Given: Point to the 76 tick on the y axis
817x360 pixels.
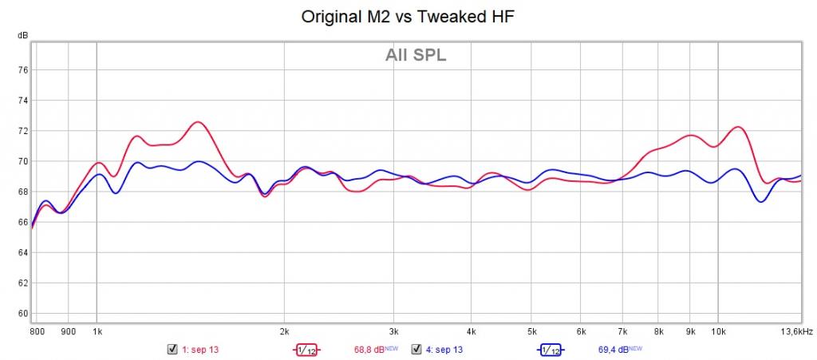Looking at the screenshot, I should click(23, 70).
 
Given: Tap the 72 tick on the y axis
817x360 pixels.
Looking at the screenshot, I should click(23, 131).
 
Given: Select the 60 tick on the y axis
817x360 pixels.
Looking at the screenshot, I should click(23, 313).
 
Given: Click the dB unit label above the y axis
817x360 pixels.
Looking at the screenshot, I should click(23, 36).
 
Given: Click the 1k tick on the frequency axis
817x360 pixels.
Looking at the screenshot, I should click(97, 330).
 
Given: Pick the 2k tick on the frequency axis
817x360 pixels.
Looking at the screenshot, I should click(283, 330).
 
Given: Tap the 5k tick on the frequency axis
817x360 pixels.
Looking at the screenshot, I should click(531, 330).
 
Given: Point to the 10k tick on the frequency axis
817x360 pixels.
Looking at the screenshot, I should click(718, 330).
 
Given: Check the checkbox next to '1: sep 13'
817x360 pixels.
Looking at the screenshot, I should click(172, 350).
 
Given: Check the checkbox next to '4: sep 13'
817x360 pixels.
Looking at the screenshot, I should click(416, 350).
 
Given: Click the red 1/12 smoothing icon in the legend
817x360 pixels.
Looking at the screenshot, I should click(306, 350).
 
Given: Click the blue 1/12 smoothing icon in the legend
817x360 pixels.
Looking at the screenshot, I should click(550, 350).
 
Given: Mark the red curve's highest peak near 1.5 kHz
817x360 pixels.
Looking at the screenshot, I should click(197, 122).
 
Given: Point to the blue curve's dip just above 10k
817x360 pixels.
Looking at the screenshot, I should click(761, 201).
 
